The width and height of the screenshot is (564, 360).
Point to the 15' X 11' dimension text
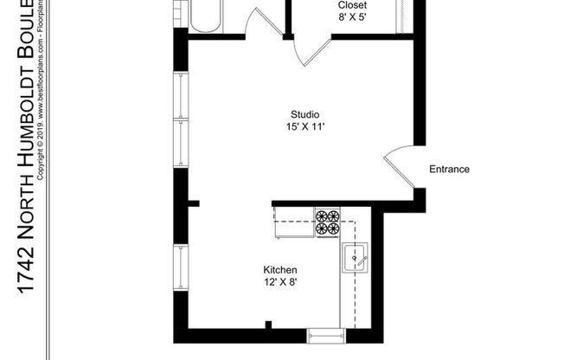[305, 127]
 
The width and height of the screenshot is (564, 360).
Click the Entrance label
[450, 170]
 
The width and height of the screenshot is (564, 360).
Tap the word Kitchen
[281, 270]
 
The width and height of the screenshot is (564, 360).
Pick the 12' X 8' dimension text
[281, 282]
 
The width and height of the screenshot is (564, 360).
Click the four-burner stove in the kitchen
[328, 223]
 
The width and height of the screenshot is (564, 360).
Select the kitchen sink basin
[356, 258]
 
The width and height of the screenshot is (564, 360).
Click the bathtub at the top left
[204, 16]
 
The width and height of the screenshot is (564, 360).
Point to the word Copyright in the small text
[40, 164]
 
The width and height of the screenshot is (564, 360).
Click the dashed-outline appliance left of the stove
[292, 227]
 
